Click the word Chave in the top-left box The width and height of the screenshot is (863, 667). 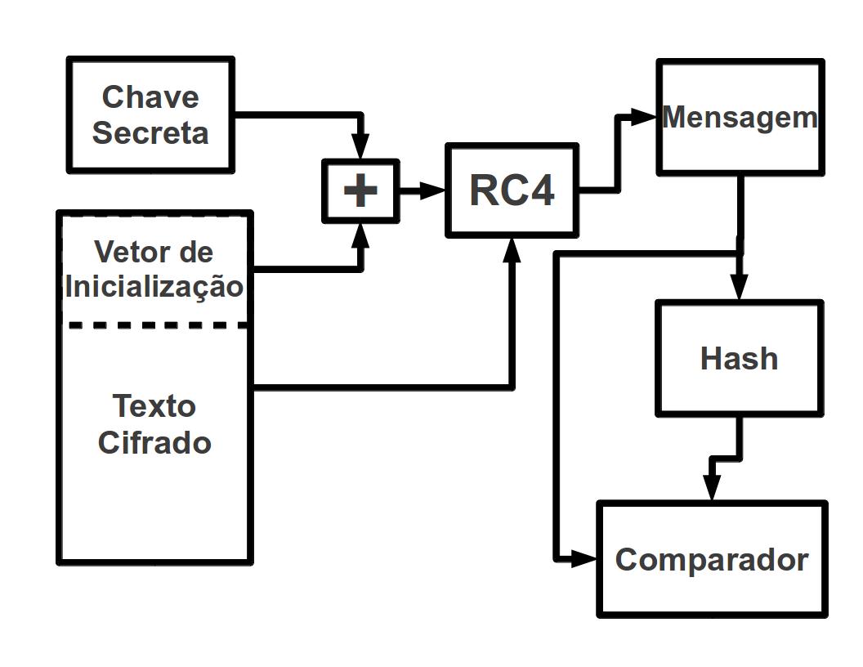(x=150, y=96)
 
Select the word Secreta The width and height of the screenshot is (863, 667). (x=150, y=132)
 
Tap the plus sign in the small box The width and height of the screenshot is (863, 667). (x=360, y=191)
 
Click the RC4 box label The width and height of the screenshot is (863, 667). (x=512, y=191)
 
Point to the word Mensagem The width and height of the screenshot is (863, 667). (x=740, y=117)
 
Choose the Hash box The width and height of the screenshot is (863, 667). (x=739, y=358)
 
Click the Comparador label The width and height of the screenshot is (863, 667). (x=711, y=560)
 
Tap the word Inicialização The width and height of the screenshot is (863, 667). (x=154, y=287)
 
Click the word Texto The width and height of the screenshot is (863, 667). (x=154, y=405)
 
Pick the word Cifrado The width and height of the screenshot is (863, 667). (x=154, y=442)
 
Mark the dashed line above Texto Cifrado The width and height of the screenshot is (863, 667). (x=155, y=325)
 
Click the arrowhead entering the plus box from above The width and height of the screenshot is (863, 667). (x=360, y=149)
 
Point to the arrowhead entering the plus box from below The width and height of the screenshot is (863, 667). (x=360, y=235)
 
